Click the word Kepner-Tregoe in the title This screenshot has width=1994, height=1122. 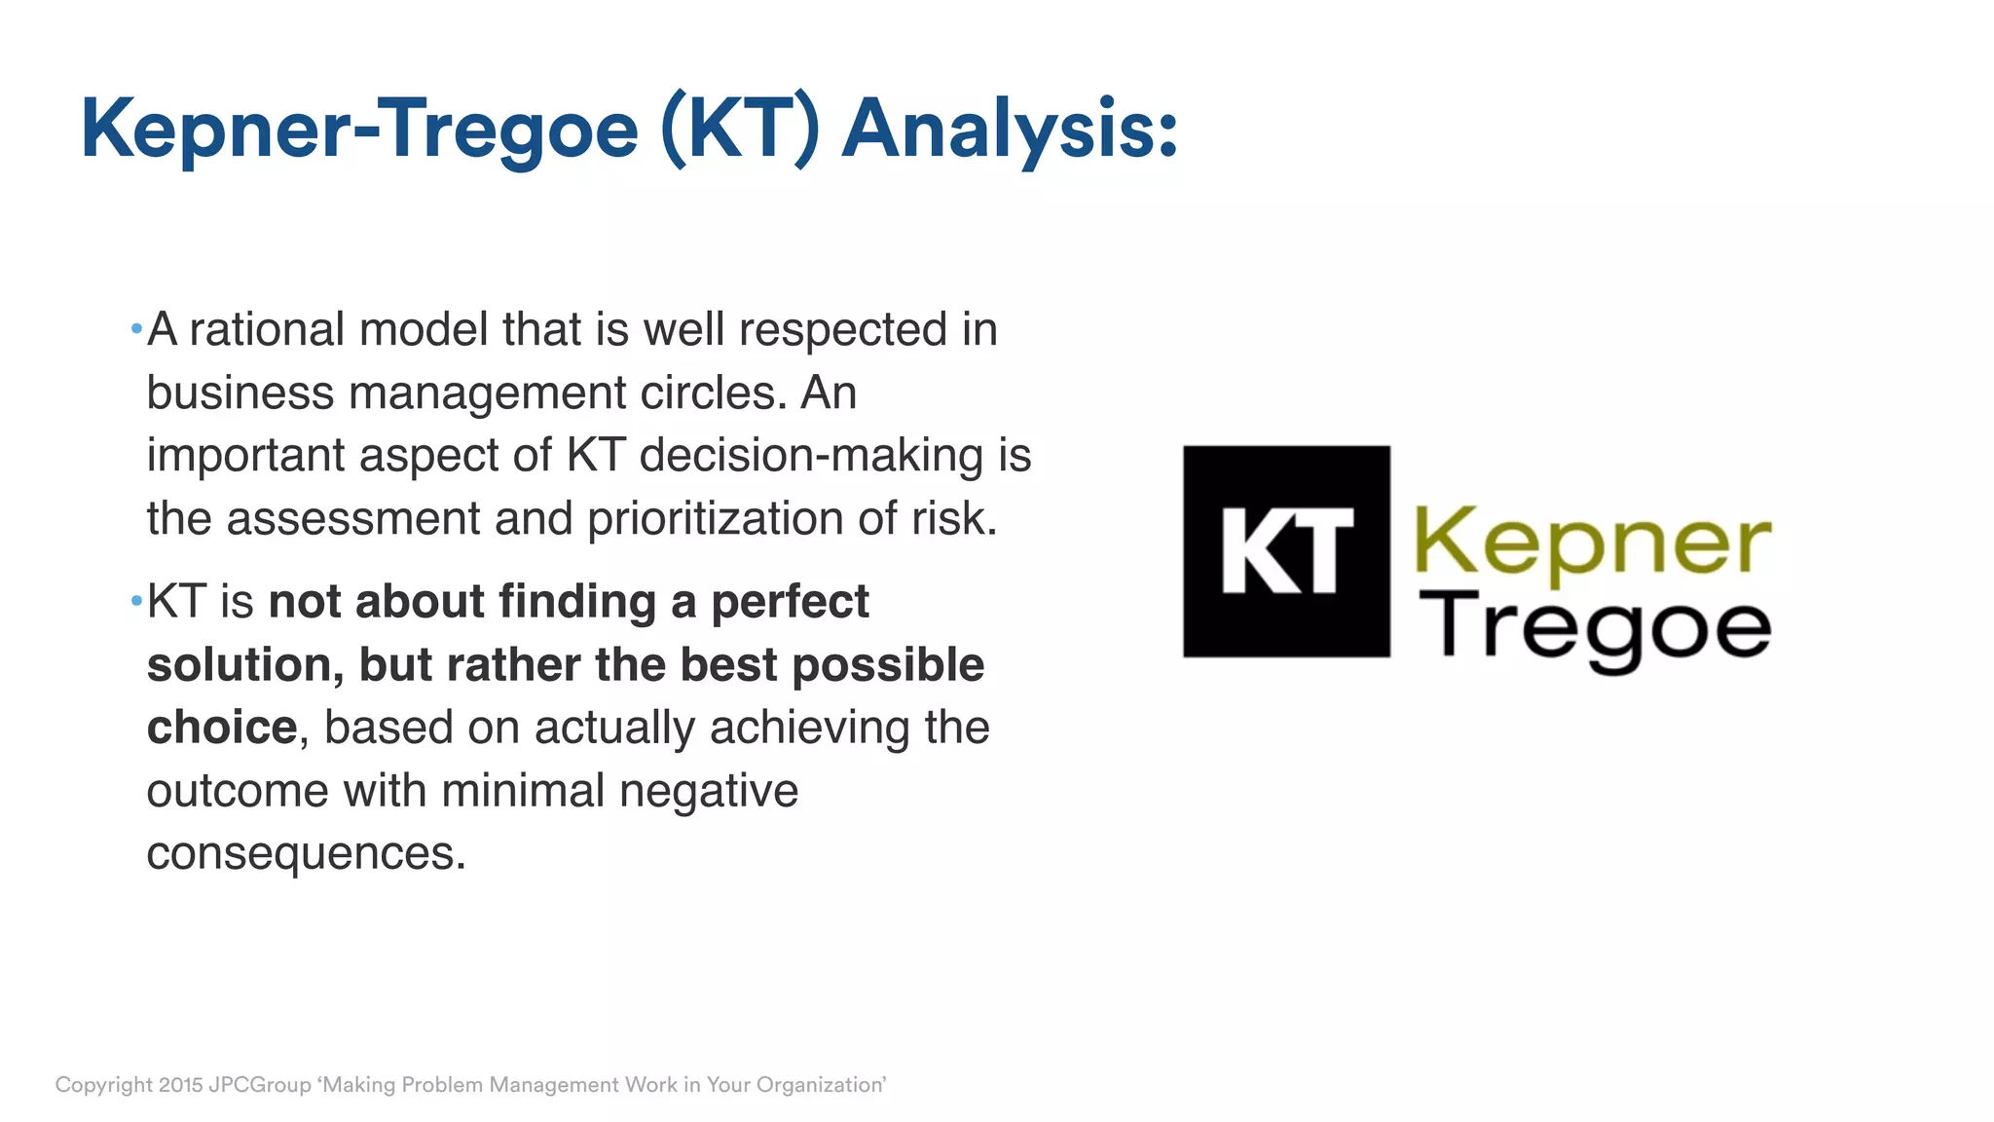[x=359, y=130]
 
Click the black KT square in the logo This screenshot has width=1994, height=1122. [x=1286, y=551]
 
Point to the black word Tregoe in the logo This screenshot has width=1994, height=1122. [x=1595, y=629]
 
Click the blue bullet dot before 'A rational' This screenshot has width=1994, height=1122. [x=136, y=328]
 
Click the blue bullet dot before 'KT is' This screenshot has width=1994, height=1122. [x=136, y=600]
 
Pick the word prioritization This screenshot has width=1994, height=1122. [x=715, y=518]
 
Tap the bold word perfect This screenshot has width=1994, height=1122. [x=790, y=602]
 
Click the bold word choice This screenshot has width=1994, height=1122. [x=221, y=728]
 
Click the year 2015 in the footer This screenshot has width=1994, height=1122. [x=180, y=1085]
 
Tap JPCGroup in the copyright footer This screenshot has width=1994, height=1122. [x=260, y=1085]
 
